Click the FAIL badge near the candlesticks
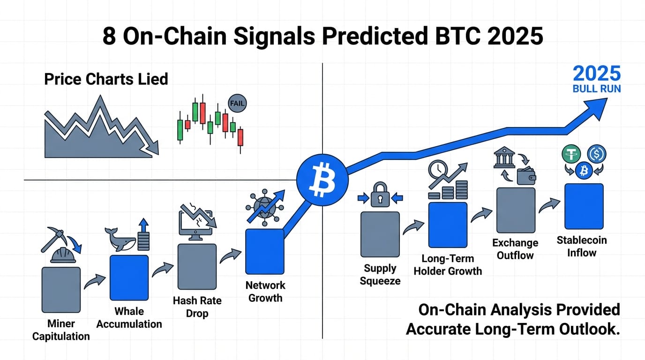(x=237, y=103)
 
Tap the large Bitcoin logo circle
(x=322, y=180)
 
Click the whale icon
(x=120, y=240)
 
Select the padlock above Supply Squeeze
(x=380, y=195)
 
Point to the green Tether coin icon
(x=571, y=154)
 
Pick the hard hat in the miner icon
(x=63, y=255)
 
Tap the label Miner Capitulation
(x=61, y=330)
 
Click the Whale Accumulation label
(x=129, y=318)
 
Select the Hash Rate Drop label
(x=197, y=307)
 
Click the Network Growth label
(x=265, y=292)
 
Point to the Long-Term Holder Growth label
(x=448, y=265)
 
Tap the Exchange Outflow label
(x=515, y=249)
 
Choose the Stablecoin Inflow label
(x=582, y=247)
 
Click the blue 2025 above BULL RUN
(x=597, y=74)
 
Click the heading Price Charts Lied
(x=106, y=79)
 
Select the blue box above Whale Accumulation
(x=129, y=278)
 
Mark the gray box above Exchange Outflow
(x=516, y=210)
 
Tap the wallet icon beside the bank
(x=526, y=176)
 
